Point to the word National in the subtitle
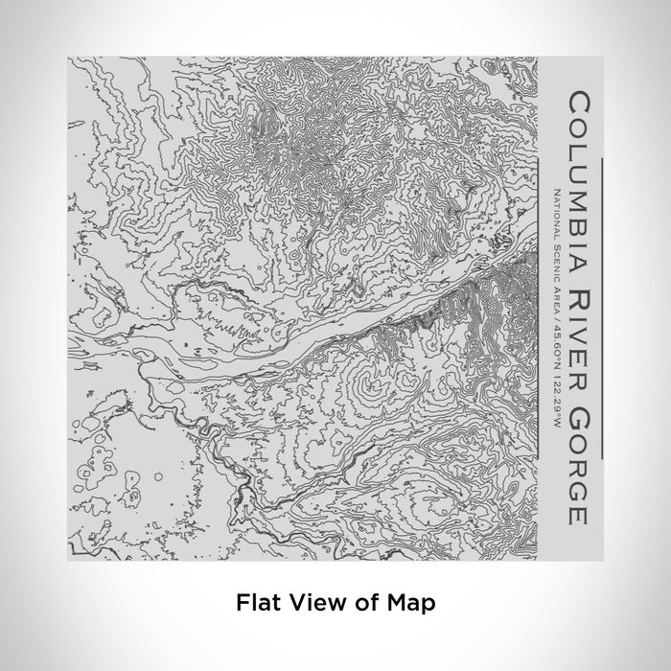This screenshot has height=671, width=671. [557, 215]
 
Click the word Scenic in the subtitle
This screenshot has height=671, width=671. [557, 265]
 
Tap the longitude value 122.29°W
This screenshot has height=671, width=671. [557, 413]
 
